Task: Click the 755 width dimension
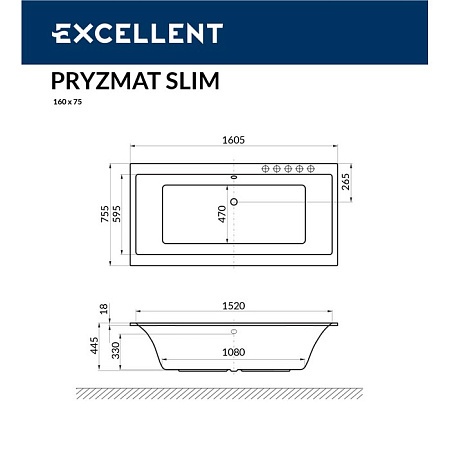(104, 216)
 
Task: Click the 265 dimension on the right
(346, 182)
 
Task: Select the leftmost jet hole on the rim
(266, 169)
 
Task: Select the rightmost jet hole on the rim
(312, 169)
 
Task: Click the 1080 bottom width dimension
(233, 352)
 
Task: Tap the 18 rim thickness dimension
(104, 312)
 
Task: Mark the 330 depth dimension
(116, 350)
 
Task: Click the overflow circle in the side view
(234, 332)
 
